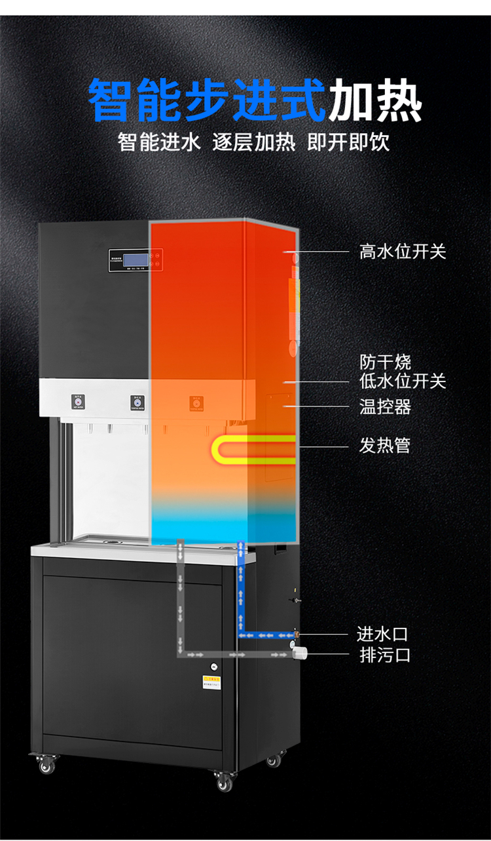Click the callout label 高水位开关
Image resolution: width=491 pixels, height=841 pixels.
click(402, 251)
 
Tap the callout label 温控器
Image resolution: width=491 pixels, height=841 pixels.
click(385, 407)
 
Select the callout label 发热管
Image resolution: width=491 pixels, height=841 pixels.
click(385, 446)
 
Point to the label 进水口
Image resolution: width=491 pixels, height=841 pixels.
click(382, 634)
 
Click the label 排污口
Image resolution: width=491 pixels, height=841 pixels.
click(385, 654)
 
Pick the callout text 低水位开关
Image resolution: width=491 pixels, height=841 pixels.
click(402, 381)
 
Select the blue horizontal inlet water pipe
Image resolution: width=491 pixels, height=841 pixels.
click(265, 635)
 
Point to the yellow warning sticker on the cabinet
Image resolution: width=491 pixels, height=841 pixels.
click(213, 682)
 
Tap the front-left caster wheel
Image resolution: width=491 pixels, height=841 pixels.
click(46, 765)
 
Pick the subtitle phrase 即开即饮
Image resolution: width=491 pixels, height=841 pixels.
click(348, 142)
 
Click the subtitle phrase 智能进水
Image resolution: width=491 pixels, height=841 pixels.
click(159, 142)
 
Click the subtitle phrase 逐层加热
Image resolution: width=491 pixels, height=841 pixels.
click(254, 142)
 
